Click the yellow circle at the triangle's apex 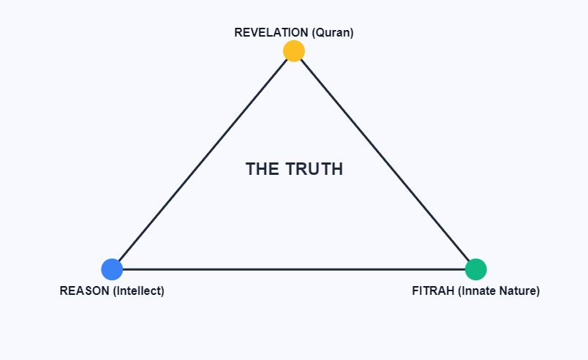click(x=294, y=50)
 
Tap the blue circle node click(x=112, y=269)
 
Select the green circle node click(x=476, y=269)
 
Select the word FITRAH click(x=433, y=290)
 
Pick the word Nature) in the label click(x=520, y=290)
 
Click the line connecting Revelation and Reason click(x=203, y=160)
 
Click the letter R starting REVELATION click(x=238, y=33)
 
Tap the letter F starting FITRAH click(x=415, y=290)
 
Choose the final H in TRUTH click(x=337, y=169)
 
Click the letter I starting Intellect click(x=118, y=290)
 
